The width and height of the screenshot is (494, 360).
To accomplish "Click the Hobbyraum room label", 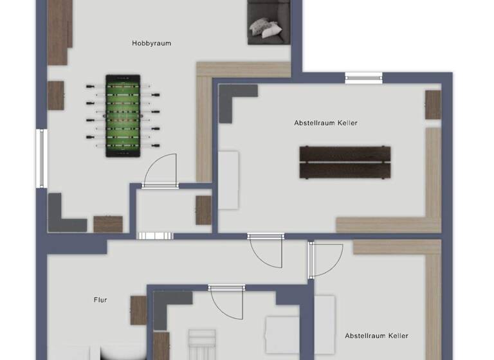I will coord(151,43).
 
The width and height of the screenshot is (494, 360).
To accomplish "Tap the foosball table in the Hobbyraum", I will coord(122,116).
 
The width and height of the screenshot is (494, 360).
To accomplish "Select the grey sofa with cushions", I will coord(268,22).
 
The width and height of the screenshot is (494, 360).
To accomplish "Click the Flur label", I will coord(100,300).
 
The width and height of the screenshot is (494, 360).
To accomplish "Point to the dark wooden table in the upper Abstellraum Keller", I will coord(345,162).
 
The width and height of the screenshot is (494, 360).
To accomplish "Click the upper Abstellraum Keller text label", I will coord(325,122).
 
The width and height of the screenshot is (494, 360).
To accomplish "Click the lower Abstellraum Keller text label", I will coord(376,336).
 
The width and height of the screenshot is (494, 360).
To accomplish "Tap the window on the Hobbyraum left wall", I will coord(41,159).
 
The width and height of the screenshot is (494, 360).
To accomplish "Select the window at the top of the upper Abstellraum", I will coord(364,78).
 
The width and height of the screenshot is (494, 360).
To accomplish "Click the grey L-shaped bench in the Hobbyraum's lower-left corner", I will coord(63,215).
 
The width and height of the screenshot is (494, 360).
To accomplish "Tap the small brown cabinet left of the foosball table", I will coord(56,95).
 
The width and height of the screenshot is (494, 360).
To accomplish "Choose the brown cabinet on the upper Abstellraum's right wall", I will coord(433,105).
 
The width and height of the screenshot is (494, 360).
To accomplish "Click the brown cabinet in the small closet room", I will coord(203,210).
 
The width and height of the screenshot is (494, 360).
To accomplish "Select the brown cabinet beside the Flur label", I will coord(138,310).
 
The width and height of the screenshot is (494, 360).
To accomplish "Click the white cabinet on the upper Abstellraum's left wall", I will coord(228,180).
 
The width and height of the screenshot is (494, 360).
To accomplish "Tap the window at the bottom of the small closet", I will coord(155,235).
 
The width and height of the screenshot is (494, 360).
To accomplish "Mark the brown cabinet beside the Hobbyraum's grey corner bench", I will coord(107,224).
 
